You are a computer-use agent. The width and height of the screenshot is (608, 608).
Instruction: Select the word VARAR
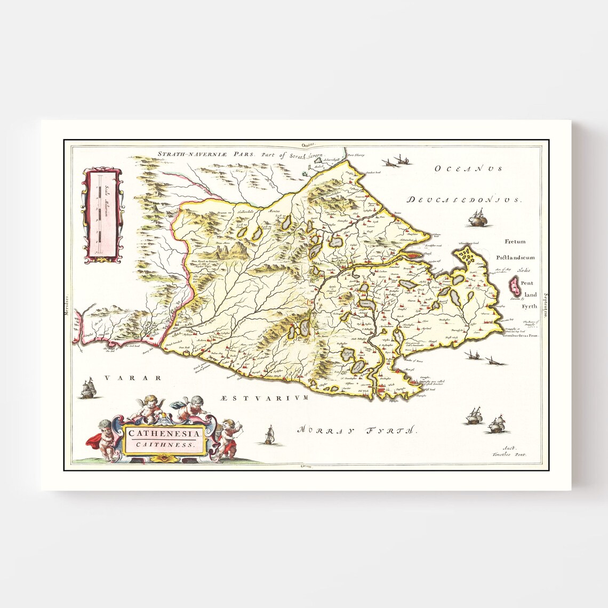pos(133,378)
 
